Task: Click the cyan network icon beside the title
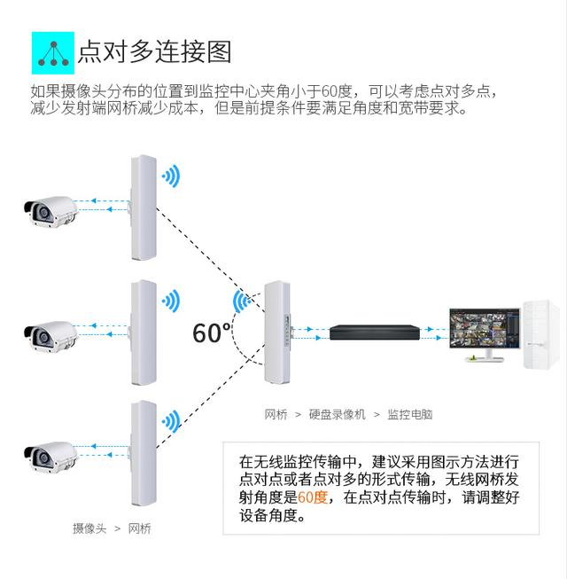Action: click(x=52, y=52)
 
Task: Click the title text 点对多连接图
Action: click(x=155, y=51)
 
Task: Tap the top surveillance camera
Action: click(x=50, y=209)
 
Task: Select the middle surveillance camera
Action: click(x=50, y=333)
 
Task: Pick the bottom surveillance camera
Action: click(x=50, y=453)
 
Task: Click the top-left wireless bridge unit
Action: click(x=143, y=205)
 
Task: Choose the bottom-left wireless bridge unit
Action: click(x=143, y=452)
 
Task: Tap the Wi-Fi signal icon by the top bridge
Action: click(x=170, y=175)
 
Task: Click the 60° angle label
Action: click(x=212, y=333)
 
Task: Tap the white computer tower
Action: click(x=540, y=335)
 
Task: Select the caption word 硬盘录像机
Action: click(x=336, y=414)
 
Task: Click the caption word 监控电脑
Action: click(x=409, y=414)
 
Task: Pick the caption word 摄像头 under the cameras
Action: click(x=89, y=528)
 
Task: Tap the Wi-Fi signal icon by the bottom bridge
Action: click(x=170, y=419)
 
